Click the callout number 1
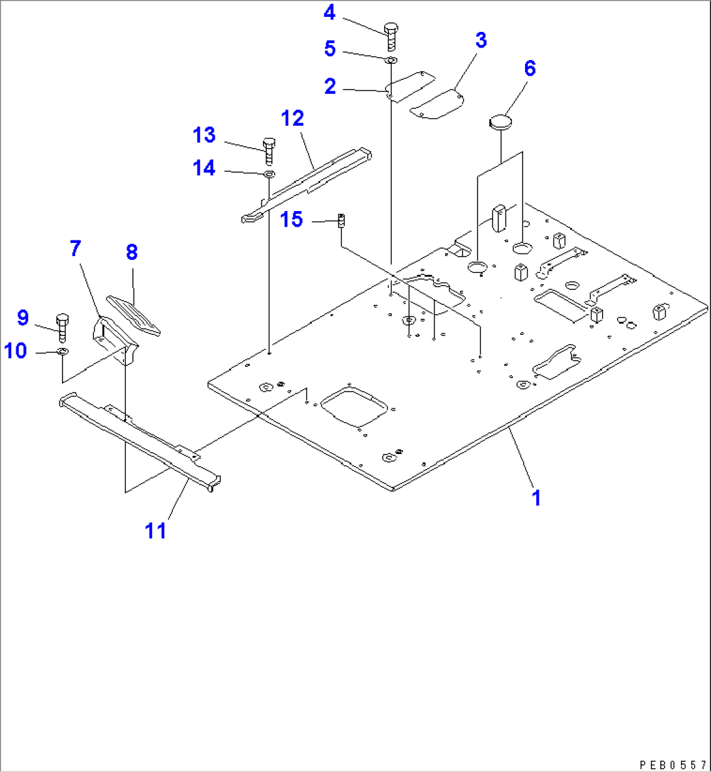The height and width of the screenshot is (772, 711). point(536,498)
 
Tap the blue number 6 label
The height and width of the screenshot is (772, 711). point(530,68)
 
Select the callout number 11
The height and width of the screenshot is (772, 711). point(156,531)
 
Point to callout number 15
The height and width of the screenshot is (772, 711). point(292,220)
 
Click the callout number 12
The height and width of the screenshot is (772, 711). point(293,119)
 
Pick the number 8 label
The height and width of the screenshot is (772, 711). point(132,252)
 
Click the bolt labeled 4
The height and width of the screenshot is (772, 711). point(391,36)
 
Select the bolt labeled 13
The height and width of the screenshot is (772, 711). point(269,150)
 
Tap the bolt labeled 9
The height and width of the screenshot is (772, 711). point(63,327)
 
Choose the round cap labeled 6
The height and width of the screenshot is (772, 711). point(500,121)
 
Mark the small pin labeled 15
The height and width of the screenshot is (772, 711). point(340,220)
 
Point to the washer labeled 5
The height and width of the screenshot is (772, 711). point(391,60)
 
